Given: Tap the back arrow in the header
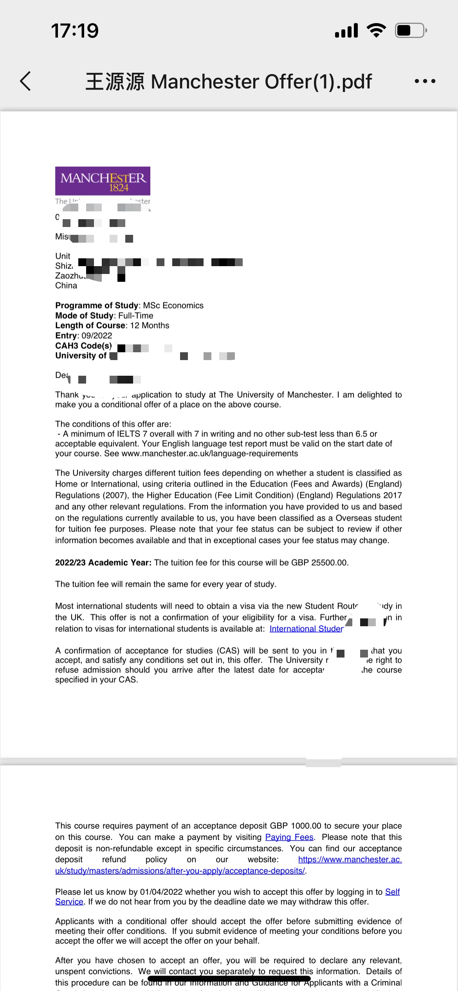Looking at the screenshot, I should pyautogui.click(x=26, y=81).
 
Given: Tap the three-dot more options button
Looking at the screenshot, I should pyautogui.click(x=425, y=81).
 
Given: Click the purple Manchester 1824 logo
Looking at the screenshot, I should pyautogui.click(x=103, y=181).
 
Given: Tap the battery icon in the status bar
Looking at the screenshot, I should pyautogui.click(x=410, y=31).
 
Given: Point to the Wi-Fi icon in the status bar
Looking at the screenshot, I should pyautogui.click(x=376, y=31).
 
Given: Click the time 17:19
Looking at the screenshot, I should pyautogui.click(x=75, y=31).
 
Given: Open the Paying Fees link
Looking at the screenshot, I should pyautogui.click(x=289, y=837).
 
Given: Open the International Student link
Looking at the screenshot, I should pyautogui.click(x=306, y=629).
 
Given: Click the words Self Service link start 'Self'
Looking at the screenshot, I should pyautogui.click(x=392, y=892).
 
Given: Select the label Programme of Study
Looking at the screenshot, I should pyautogui.click(x=97, y=305).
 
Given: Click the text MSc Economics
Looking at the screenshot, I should pyautogui.click(x=173, y=305).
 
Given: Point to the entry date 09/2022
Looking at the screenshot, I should pyautogui.click(x=97, y=335).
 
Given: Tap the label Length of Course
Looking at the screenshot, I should pyautogui.click(x=90, y=325).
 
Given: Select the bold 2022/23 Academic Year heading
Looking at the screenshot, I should pyautogui.click(x=103, y=562).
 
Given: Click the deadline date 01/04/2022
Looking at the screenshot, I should pyautogui.click(x=161, y=892).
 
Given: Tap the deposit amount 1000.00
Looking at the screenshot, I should pyautogui.click(x=306, y=826).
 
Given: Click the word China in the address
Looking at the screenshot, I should pyautogui.click(x=66, y=285).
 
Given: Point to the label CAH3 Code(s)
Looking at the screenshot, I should pyautogui.click(x=83, y=346).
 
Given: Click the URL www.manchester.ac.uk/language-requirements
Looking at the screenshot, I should pyautogui.click(x=210, y=454).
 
